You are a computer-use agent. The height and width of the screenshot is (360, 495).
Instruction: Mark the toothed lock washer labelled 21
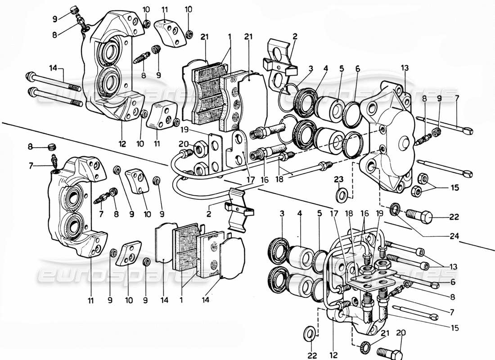(365, 347)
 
